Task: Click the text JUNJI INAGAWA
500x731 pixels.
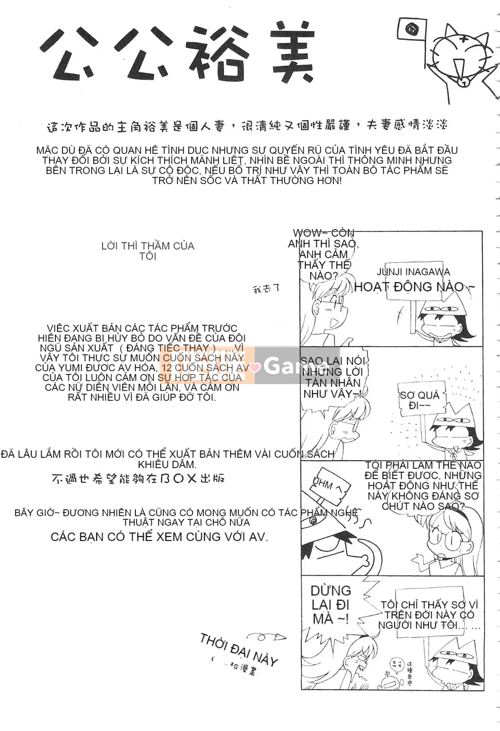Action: point(413,272)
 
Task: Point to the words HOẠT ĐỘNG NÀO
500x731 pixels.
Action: point(414,287)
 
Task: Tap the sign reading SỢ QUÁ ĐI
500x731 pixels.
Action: point(419,400)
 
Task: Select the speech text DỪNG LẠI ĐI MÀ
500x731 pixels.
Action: point(331,605)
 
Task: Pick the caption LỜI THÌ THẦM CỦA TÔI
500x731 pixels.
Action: point(148,251)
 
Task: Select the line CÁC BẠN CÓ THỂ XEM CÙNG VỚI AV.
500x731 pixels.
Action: point(159,537)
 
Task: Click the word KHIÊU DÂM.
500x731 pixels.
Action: point(167,464)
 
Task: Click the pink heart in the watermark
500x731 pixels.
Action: point(255,367)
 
